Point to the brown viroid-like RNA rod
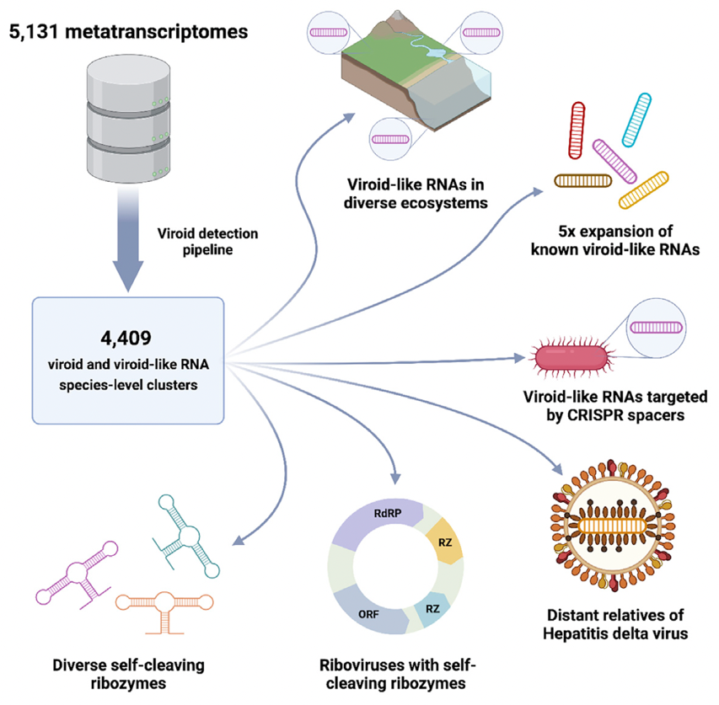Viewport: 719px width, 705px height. point(583,179)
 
